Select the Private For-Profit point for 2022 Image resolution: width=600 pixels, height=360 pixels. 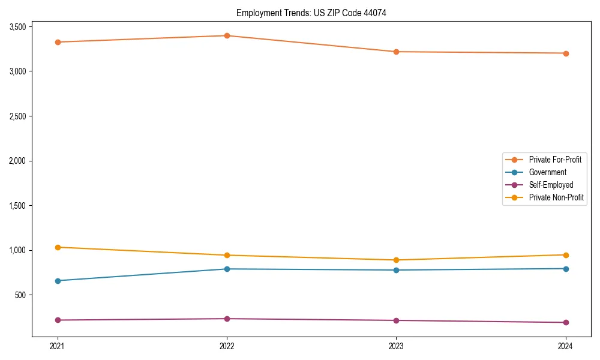point(227,35)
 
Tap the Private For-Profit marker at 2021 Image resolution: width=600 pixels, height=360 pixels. point(58,42)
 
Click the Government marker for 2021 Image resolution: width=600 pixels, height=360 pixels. point(58,281)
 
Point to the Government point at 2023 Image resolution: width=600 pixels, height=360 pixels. point(396,270)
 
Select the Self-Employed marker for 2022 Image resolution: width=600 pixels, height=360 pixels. point(227,319)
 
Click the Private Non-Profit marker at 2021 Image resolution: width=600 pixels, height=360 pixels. point(58,247)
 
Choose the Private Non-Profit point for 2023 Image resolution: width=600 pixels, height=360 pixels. point(396,260)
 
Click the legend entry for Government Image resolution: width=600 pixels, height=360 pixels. point(547,172)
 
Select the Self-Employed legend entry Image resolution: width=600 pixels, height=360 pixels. point(551,185)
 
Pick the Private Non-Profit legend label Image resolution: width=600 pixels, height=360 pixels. point(556,197)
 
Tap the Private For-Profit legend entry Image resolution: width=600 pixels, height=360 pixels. point(554,160)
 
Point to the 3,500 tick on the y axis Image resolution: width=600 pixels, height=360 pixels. point(17,27)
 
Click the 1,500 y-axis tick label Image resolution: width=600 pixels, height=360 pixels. point(17,206)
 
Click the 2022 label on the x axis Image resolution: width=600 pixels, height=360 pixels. point(227,346)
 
